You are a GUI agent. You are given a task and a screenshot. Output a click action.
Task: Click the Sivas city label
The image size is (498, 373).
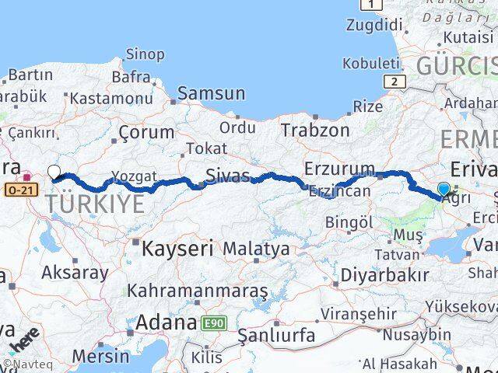(x=228, y=174)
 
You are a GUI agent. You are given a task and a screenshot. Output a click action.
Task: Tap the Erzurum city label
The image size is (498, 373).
(x=339, y=168)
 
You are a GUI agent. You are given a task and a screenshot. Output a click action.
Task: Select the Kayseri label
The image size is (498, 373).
(x=178, y=249)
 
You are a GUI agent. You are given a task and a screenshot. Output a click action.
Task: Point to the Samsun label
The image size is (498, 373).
(x=211, y=94)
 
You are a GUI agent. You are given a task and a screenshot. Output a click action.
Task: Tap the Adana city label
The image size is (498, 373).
(x=166, y=322)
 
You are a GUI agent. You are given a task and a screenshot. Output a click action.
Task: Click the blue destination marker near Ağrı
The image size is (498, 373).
(x=444, y=189)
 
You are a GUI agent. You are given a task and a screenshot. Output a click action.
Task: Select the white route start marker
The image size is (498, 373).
(x=54, y=172)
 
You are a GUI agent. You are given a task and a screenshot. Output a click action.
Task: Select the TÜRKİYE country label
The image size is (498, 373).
(x=96, y=204)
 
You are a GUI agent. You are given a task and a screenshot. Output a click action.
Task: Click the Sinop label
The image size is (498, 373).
(x=145, y=54)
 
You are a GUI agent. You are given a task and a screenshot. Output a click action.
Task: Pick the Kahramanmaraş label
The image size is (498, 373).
(x=198, y=291)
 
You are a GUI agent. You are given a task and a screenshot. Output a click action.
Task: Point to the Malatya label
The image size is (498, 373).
(x=256, y=249)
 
